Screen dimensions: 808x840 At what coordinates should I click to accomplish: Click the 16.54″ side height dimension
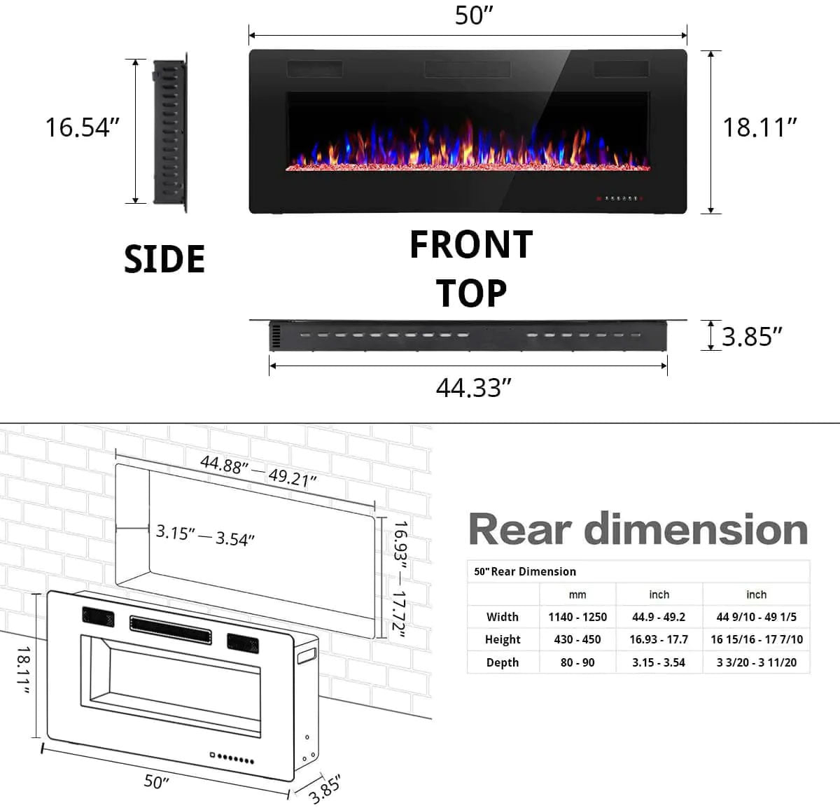click(x=82, y=127)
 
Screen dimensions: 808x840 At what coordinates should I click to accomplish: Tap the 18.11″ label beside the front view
click(x=759, y=127)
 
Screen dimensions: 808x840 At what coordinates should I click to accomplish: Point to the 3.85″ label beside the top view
click(x=752, y=336)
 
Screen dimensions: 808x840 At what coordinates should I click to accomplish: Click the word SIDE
click(x=164, y=259)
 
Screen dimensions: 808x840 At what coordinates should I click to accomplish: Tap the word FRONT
click(x=471, y=245)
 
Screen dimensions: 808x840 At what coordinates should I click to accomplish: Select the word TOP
click(x=471, y=293)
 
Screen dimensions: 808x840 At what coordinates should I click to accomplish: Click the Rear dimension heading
click(x=638, y=529)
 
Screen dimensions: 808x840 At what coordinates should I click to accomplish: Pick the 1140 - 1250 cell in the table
click(x=577, y=617)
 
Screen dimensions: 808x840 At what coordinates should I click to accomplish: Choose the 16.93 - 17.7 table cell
click(x=658, y=639)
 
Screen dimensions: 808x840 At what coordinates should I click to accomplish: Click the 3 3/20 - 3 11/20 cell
click(x=756, y=662)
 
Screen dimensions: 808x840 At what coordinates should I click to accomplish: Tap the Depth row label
click(x=503, y=662)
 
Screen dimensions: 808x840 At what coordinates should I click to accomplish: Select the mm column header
click(x=577, y=594)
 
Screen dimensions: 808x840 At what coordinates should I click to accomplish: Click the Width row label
click(x=503, y=617)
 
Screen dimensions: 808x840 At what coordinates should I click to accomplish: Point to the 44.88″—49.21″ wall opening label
click(x=258, y=471)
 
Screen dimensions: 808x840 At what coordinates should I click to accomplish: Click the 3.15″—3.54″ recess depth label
click(x=204, y=536)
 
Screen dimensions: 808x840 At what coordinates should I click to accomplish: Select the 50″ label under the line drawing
click(x=157, y=781)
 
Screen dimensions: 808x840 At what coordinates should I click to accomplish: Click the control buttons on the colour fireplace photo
click(x=619, y=199)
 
